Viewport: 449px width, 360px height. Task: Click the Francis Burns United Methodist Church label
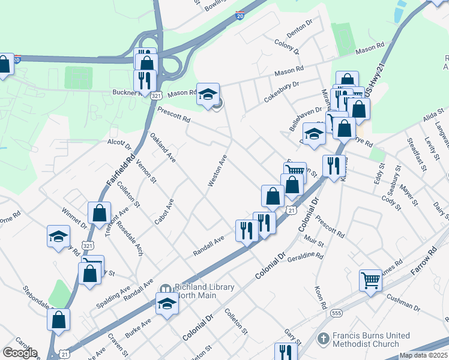(x=365, y=340)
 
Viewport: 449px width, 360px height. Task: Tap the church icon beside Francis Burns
(x=324, y=339)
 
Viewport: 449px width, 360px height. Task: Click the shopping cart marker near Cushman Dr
(x=371, y=280)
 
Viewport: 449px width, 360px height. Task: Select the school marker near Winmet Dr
(x=58, y=236)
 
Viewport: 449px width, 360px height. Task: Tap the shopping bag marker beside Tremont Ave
(x=99, y=212)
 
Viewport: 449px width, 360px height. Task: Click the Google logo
(x=20, y=352)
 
